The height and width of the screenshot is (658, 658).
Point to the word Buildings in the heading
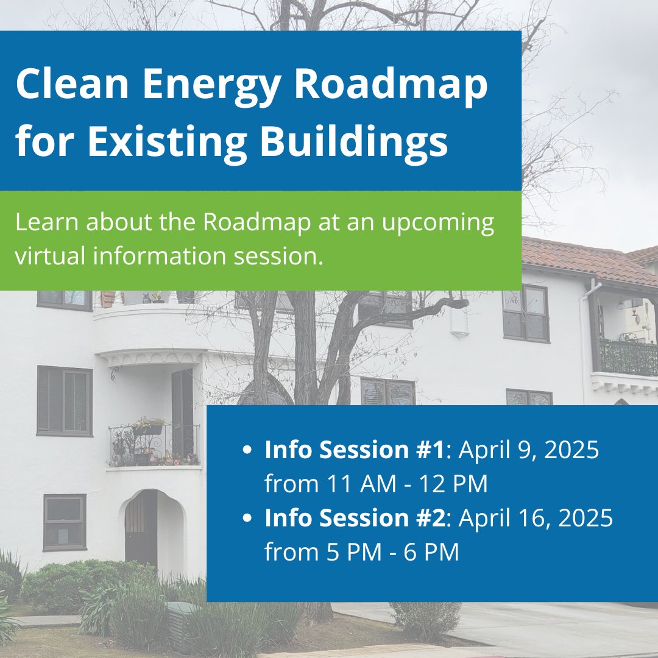[x=354, y=140]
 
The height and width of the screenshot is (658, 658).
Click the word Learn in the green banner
[x=47, y=222]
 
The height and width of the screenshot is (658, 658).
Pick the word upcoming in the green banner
[x=437, y=224]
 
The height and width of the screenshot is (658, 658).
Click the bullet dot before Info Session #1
[x=247, y=450]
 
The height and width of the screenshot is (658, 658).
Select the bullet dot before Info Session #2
[x=247, y=518]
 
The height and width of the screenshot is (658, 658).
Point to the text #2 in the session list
[x=431, y=517]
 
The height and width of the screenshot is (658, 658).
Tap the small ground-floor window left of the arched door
[x=65, y=522]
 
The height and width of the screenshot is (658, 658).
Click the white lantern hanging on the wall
[x=459, y=322]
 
